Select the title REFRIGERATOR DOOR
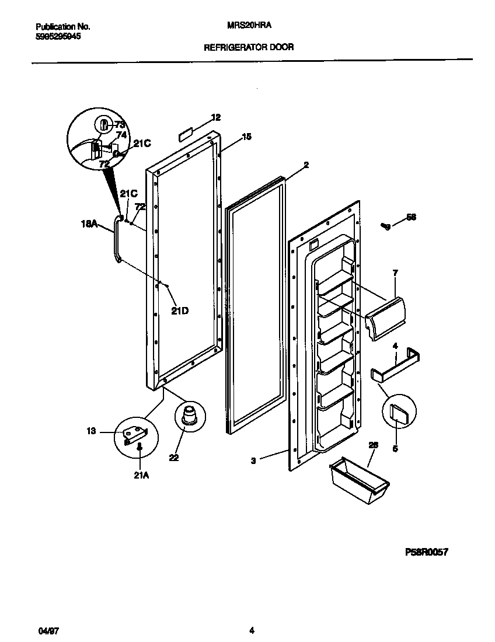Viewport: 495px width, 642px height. pos(248,47)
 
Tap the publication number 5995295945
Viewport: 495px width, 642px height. pos(58,36)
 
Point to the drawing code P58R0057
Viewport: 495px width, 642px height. pos(426,552)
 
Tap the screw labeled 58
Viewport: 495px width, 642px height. pos(385,226)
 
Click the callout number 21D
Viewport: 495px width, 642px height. pos(180,311)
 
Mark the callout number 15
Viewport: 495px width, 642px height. pos(246,137)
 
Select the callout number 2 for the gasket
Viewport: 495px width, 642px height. pos(306,165)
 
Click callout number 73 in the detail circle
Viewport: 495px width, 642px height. pos(120,124)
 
